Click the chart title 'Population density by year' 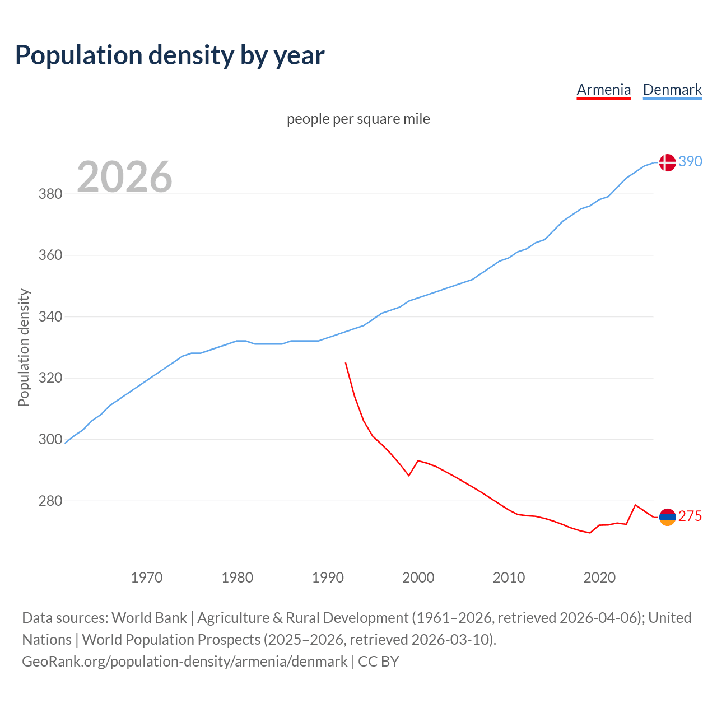click(x=170, y=55)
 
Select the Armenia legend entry click(x=603, y=90)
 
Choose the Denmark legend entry click(x=672, y=90)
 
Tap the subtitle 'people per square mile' click(x=358, y=119)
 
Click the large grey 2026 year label click(x=124, y=177)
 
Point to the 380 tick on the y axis click(x=50, y=194)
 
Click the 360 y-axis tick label click(x=50, y=255)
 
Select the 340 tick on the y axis click(x=50, y=317)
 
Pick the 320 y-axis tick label click(x=50, y=378)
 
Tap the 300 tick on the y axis click(x=50, y=440)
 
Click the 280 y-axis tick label click(x=50, y=501)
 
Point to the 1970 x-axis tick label click(x=147, y=578)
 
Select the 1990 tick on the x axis click(x=328, y=578)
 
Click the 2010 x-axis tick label click(x=509, y=578)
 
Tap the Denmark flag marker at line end click(x=667, y=162)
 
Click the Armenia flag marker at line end click(x=667, y=517)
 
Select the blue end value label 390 click(x=690, y=161)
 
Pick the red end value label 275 click(x=690, y=516)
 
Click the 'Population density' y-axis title click(x=24, y=347)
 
